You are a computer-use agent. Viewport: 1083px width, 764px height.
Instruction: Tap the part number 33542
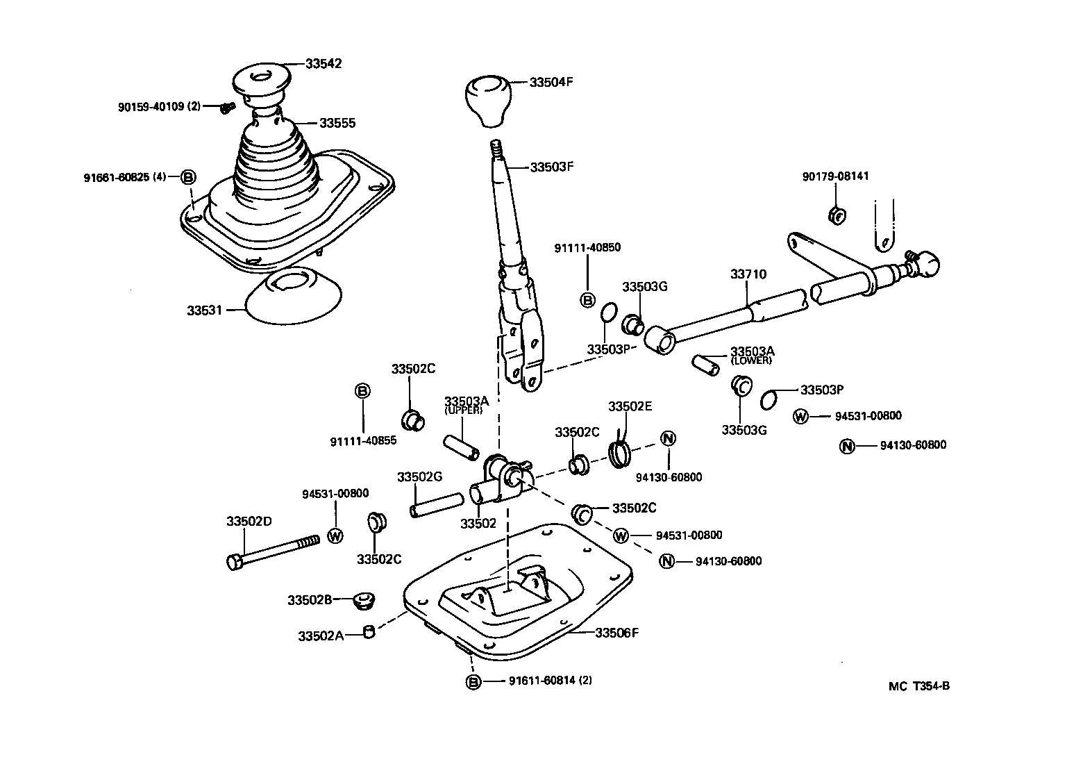click(324, 63)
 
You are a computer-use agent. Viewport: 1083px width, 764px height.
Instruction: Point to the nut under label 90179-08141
click(837, 215)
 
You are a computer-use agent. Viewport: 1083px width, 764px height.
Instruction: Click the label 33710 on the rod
click(748, 274)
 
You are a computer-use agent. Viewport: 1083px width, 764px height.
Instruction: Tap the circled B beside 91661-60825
click(188, 177)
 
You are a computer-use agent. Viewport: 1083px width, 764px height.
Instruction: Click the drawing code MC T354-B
click(918, 686)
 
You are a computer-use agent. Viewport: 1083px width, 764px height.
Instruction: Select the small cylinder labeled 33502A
click(369, 632)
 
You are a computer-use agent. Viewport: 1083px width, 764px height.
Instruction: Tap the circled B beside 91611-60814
click(473, 681)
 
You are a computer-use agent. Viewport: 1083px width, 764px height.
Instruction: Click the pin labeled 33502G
click(436, 504)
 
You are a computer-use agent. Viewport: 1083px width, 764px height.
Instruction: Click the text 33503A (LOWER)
click(750, 355)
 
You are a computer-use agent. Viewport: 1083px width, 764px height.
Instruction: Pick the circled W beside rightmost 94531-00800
click(800, 416)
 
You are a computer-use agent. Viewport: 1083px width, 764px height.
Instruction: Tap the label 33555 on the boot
click(337, 123)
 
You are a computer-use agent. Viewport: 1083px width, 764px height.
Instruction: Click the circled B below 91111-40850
click(587, 300)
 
